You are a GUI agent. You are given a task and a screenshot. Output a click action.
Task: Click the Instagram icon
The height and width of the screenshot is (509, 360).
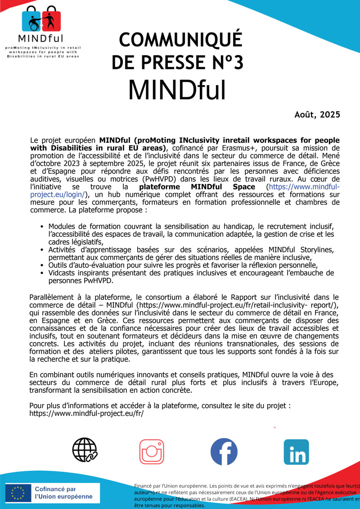(x=152, y=452)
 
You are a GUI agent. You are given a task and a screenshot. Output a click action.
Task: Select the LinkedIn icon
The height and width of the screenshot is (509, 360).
(x=296, y=452)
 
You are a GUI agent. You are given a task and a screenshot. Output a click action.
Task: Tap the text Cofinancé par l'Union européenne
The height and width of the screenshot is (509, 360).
(x=63, y=493)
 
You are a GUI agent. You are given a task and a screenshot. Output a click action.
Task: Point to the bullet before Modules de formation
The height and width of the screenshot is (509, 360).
(x=42, y=226)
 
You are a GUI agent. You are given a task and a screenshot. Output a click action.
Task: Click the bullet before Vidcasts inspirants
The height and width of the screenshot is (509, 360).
(x=42, y=273)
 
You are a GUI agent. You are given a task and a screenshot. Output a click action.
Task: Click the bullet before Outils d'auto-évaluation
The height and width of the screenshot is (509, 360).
(x=42, y=265)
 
